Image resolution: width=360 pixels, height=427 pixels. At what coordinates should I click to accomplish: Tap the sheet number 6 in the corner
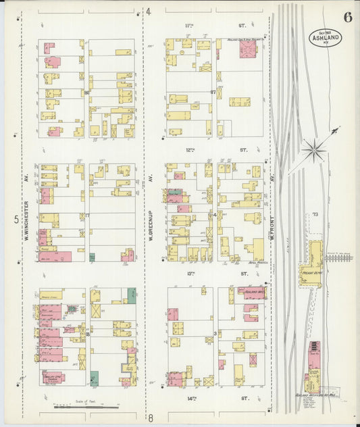[346, 18]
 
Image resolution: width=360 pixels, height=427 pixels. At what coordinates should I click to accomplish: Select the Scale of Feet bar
[85, 407]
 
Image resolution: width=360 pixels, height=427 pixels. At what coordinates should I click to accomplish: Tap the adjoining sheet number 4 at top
[149, 11]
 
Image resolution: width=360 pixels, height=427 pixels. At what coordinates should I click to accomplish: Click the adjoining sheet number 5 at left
[15, 219]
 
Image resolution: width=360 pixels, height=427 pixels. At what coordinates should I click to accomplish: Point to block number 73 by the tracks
[315, 215]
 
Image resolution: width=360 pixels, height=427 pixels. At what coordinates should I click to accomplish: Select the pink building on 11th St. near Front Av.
[247, 49]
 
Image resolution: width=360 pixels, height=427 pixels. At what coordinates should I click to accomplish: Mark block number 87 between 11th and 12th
[213, 91]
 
